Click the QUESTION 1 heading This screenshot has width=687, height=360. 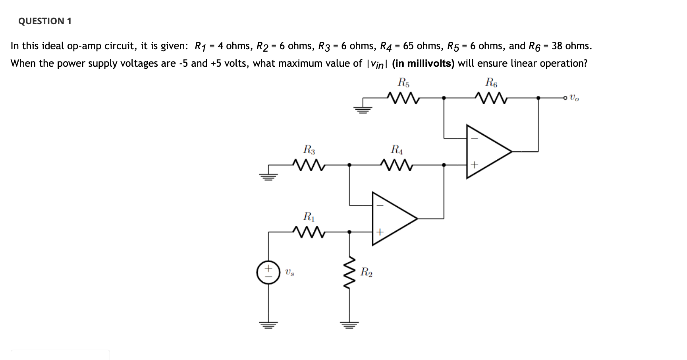[45, 21]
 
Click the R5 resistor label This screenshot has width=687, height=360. [403, 83]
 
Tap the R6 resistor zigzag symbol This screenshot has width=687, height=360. [491, 97]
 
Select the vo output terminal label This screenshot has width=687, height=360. [574, 97]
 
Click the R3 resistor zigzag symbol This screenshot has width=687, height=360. [309, 164]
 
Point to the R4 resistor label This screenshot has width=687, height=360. [397, 149]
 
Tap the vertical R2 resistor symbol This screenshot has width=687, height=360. [349, 273]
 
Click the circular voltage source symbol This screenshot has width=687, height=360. [268, 273]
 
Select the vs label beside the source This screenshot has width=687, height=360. [289, 273]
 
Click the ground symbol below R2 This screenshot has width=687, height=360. [349, 325]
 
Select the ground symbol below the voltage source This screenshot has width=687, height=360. [268, 325]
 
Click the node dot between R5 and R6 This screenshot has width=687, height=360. [444, 97]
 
